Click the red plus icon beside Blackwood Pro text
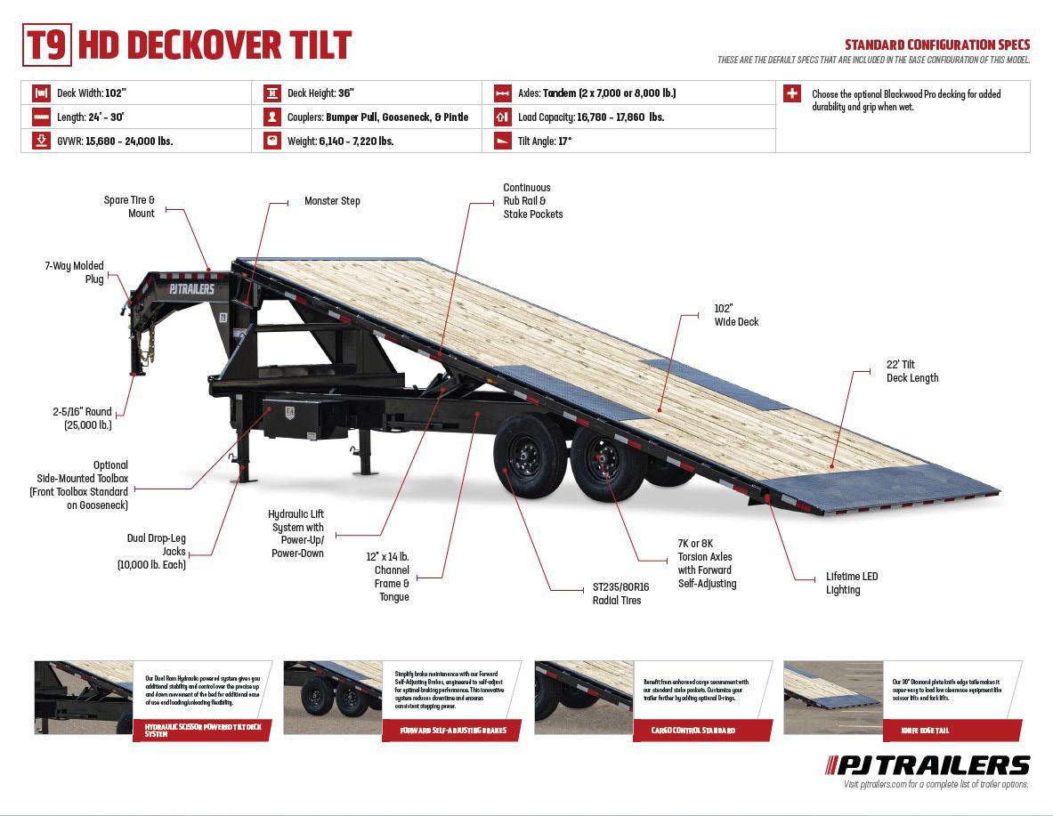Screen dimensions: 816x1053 (x=792, y=93)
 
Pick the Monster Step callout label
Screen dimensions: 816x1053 (x=332, y=201)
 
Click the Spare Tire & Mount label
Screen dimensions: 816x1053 (x=129, y=206)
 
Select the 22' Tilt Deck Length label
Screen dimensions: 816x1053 (x=911, y=371)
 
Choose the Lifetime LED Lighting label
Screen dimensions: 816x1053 (x=851, y=583)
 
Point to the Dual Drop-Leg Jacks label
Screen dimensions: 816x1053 (x=156, y=551)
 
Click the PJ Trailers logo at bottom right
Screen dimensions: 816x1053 (x=927, y=764)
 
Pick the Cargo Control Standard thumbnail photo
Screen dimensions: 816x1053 (x=584, y=697)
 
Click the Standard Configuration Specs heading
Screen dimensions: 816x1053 (x=937, y=44)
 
